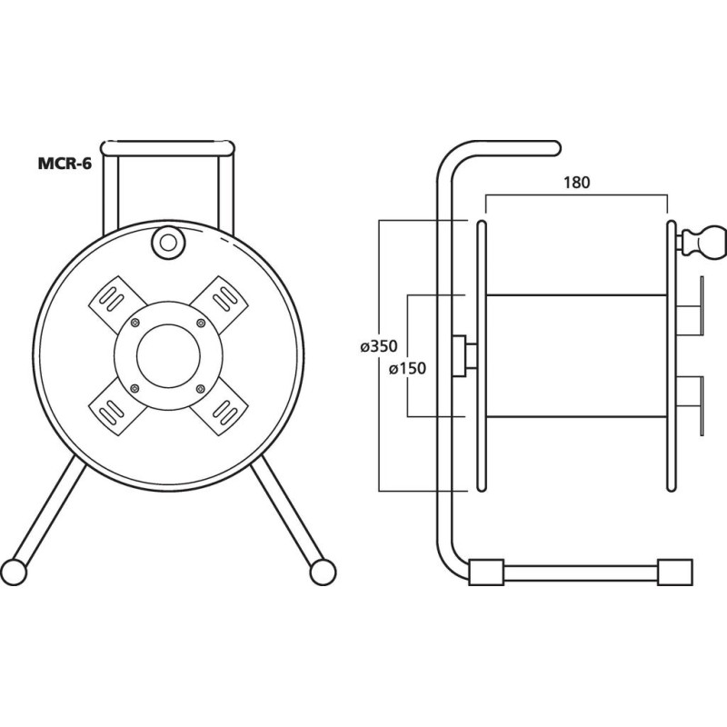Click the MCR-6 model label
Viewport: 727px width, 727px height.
click(x=65, y=164)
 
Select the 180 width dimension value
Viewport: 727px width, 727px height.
click(x=576, y=181)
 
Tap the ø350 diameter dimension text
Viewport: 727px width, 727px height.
click(x=379, y=346)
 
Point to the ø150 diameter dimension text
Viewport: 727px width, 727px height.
click(x=408, y=368)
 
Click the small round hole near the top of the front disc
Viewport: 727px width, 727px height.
click(x=167, y=242)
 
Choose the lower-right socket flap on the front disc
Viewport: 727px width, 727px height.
click(x=222, y=406)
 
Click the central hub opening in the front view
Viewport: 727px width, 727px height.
click(x=167, y=354)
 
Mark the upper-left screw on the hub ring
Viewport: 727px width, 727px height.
click(x=135, y=322)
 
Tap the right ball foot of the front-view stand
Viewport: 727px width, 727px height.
click(x=321, y=571)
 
